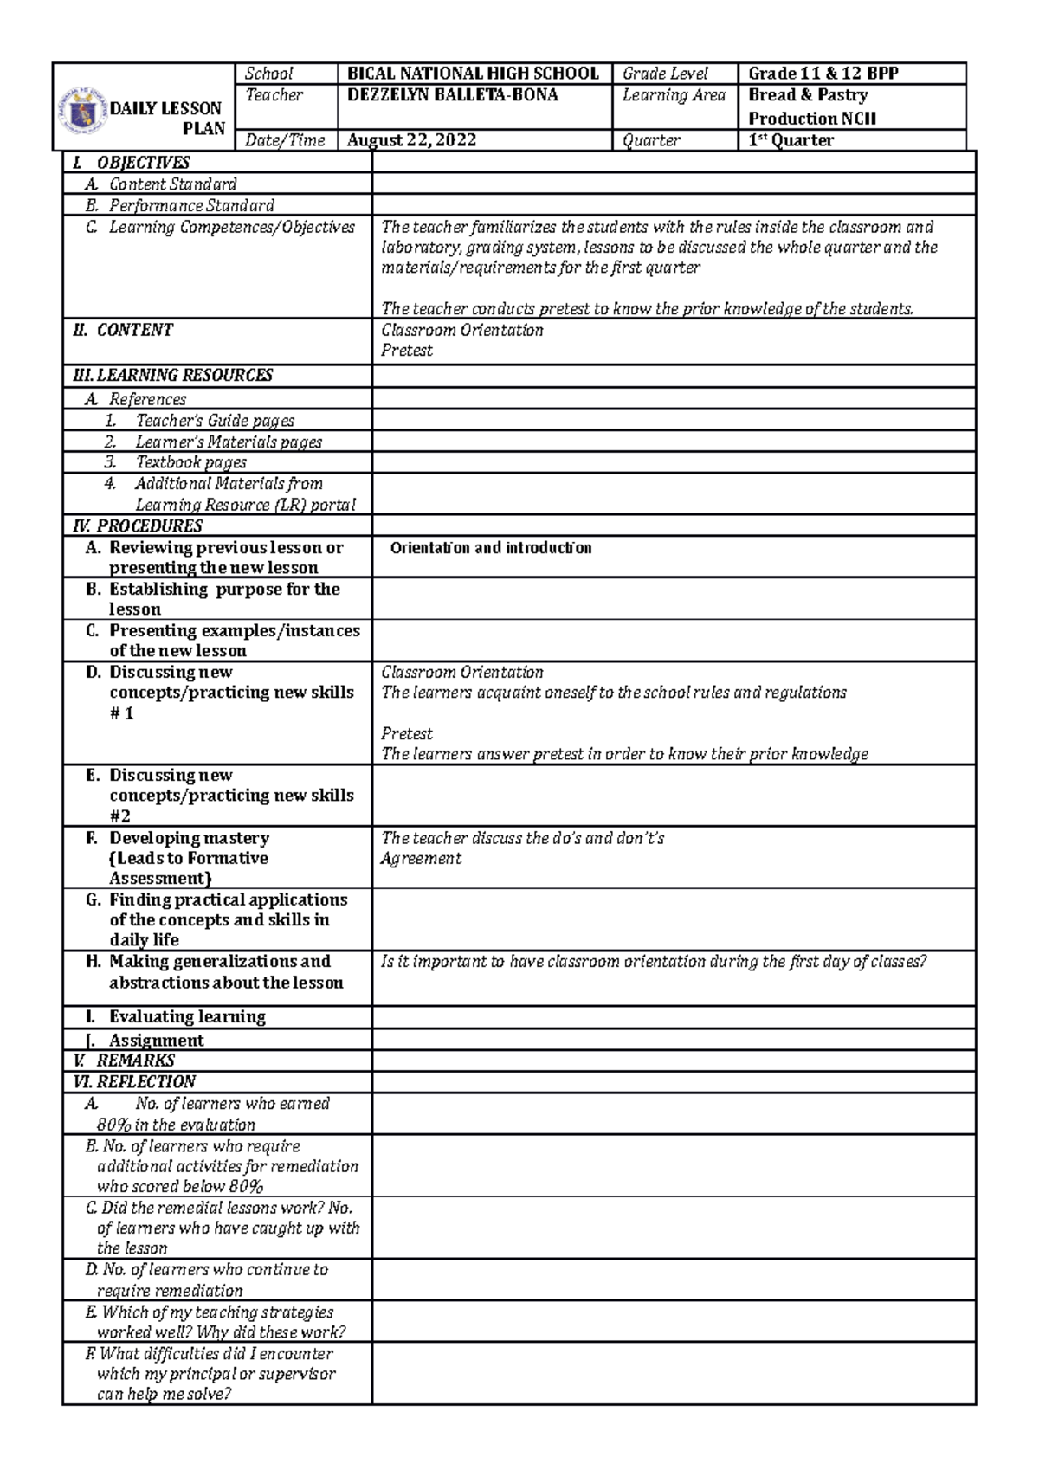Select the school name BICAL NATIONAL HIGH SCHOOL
(473, 74)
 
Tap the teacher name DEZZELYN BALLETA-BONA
(453, 95)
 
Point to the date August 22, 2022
(411, 140)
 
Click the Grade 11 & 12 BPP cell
(823, 74)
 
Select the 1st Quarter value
(791, 140)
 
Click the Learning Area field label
(673, 95)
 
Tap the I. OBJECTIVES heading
(131, 163)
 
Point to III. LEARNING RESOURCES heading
(173, 375)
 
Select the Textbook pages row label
(190, 462)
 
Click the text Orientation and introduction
(491, 548)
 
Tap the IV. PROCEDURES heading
(139, 525)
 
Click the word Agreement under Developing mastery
(421, 858)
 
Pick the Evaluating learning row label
(186, 1016)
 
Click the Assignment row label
(156, 1040)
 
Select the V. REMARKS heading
(125, 1061)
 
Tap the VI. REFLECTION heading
(135, 1081)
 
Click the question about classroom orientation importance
(654, 962)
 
